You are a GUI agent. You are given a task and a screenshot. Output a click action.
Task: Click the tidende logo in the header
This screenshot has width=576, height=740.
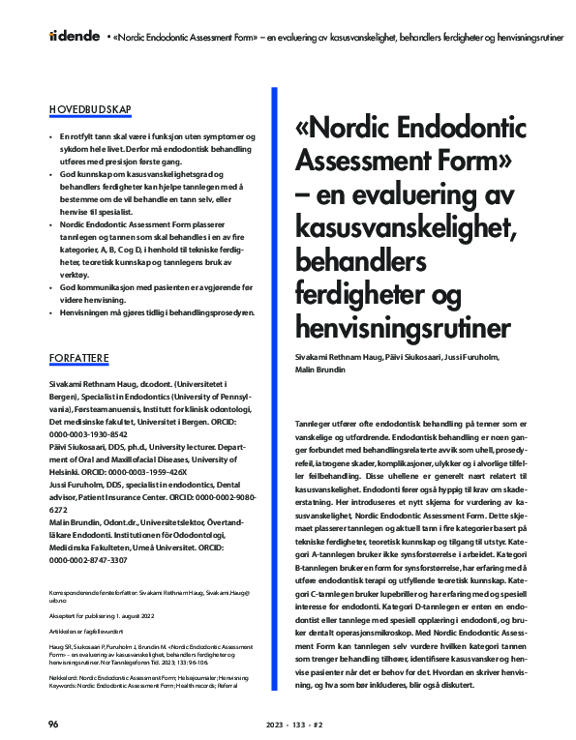tap(74, 36)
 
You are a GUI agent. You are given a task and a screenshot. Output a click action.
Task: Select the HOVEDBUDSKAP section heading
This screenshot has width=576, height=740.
tap(91, 109)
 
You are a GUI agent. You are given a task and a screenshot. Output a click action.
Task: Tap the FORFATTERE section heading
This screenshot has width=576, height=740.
tap(79, 359)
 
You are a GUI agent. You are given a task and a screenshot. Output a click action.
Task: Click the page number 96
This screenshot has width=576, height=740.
tap(54, 724)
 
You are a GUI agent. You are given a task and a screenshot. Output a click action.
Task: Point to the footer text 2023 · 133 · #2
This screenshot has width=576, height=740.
tap(288, 724)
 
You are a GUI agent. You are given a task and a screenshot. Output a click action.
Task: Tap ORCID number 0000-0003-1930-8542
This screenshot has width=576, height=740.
tap(88, 434)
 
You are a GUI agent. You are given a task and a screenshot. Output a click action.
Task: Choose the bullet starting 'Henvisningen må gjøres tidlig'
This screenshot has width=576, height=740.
tap(156, 312)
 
